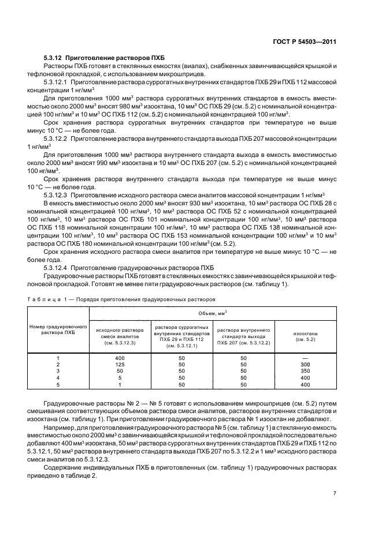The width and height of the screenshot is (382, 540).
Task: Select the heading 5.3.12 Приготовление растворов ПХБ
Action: click(x=94, y=59)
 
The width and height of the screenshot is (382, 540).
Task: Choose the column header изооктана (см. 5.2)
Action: click(x=306, y=336)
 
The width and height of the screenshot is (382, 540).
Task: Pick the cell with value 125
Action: click(x=120, y=365)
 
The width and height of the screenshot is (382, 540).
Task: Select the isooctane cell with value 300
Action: click(x=306, y=365)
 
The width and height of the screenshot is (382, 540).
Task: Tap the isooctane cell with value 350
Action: click(x=306, y=371)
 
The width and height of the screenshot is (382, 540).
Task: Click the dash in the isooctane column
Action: click(x=306, y=358)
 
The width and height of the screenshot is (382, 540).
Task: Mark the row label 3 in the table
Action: click(x=58, y=371)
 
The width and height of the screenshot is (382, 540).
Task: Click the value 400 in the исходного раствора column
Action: click(x=120, y=358)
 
